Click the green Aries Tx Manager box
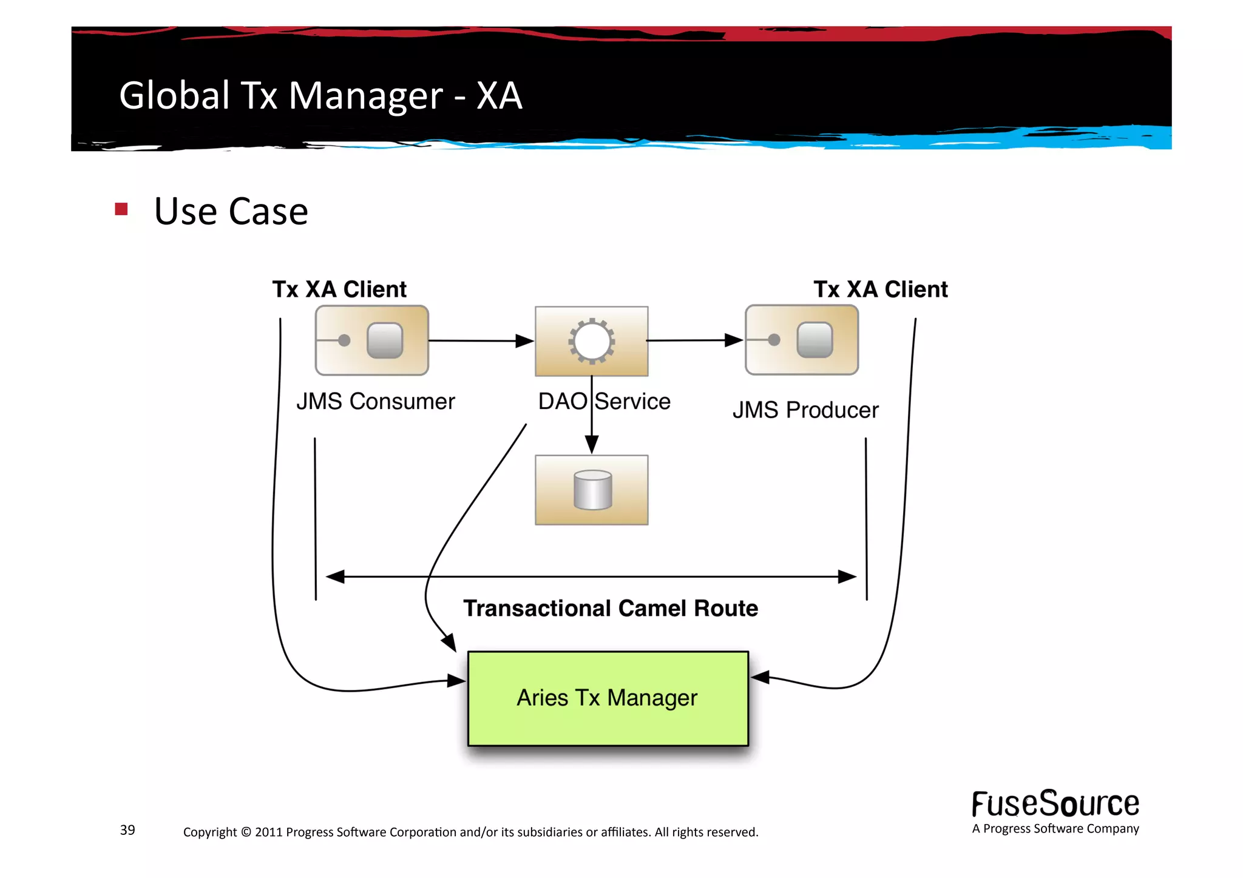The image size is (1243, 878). pyautogui.click(x=608, y=698)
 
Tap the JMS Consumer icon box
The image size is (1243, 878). pyautogui.click(x=371, y=340)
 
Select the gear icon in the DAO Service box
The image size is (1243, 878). pyautogui.click(x=591, y=341)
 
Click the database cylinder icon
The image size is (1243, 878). pyautogui.click(x=592, y=490)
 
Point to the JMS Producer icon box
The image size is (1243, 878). pyautogui.click(x=801, y=340)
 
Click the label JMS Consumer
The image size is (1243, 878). pyautogui.click(x=375, y=402)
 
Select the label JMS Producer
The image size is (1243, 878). pyautogui.click(x=805, y=410)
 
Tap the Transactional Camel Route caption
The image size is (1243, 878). pyautogui.click(x=610, y=608)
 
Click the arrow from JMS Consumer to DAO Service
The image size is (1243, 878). pyautogui.click(x=479, y=341)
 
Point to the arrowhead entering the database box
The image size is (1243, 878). pyautogui.click(x=592, y=445)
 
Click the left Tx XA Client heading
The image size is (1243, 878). pyautogui.click(x=339, y=289)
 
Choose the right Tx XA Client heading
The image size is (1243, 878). pyautogui.click(x=880, y=289)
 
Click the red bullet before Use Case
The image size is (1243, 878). pyautogui.click(x=121, y=209)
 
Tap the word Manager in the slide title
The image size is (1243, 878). pyautogui.click(x=365, y=96)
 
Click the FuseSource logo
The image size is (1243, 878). pyautogui.click(x=1055, y=804)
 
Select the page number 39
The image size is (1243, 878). pyautogui.click(x=127, y=829)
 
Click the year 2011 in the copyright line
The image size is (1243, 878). pyautogui.click(x=268, y=832)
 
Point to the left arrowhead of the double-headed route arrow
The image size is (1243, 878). pyautogui.click(x=335, y=576)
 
